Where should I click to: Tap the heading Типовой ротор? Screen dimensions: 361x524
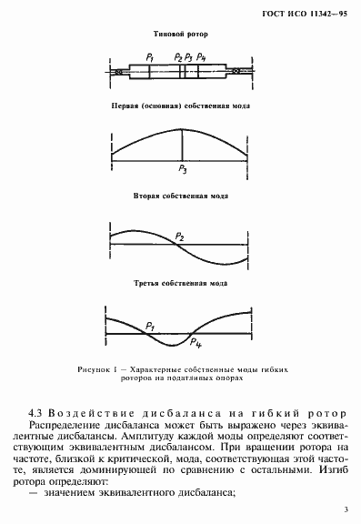tap(180, 35)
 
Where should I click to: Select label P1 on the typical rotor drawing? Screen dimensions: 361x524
tap(147, 57)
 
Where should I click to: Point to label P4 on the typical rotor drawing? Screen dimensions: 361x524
tap(201, 57)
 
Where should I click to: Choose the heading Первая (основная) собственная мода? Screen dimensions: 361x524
tap(180, 106)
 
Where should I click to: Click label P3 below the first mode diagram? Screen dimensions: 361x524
tap(183, 170)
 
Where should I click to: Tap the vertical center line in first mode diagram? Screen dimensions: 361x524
tap(182, 146)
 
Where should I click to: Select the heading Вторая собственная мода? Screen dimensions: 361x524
tap(180, 196)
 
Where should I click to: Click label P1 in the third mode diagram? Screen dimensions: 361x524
tap(149, 324)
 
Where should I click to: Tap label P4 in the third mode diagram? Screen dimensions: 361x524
tap(193, 342)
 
